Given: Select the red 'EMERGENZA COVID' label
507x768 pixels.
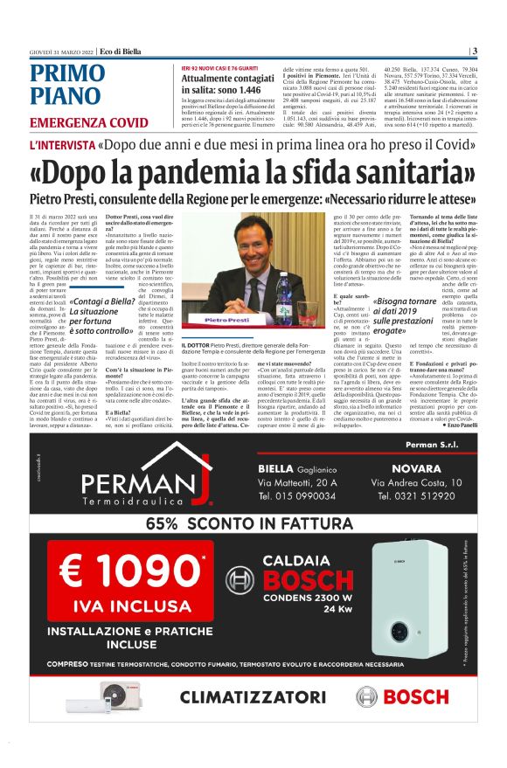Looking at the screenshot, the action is tap(89, 122).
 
